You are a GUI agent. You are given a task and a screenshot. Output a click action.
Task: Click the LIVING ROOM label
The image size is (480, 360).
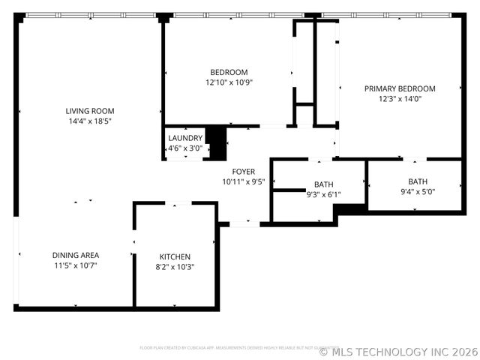[x=90, y=111]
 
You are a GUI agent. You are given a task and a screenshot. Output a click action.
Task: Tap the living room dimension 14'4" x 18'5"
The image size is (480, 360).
[x=90, y=121]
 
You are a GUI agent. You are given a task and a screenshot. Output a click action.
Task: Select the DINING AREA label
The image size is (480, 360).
[x=76, y=255]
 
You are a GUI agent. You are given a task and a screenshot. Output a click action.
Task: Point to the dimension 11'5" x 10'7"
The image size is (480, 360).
[x=76, y=265]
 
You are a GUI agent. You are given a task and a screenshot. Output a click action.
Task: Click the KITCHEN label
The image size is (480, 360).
[x=175, y=256]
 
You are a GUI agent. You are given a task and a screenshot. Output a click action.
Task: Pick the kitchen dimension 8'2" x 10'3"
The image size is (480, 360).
[x=175, y=266]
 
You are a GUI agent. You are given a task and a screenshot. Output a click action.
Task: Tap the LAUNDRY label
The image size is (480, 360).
[x=185, y=138]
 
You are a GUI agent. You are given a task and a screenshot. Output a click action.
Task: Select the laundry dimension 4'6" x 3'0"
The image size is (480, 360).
[x=185, y=148]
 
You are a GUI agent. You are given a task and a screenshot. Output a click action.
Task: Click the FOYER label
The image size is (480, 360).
[x=243, y=172]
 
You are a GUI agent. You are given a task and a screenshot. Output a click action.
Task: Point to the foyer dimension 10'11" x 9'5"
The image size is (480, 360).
[x=243, y=181]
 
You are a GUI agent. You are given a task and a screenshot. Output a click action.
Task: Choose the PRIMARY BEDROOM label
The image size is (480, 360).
[x=400, y=88]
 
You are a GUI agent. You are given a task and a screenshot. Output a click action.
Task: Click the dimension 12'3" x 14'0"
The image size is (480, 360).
[x=400, y=98]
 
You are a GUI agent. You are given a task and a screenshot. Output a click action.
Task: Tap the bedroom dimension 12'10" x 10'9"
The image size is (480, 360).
[x=229, y=82]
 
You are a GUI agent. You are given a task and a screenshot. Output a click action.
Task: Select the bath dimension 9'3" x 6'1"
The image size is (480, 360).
[x=324, y=194]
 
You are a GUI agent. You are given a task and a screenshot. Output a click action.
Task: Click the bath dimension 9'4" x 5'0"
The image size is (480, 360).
[x=418, y=191]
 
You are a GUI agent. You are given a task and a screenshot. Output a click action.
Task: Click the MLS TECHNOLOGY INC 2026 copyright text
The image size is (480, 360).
[x=398, y=351]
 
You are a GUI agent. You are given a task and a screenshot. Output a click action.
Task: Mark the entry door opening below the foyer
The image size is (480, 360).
[x=244, y=223]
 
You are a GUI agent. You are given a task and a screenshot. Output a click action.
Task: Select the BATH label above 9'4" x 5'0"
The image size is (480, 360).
[x=418, y=181]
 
